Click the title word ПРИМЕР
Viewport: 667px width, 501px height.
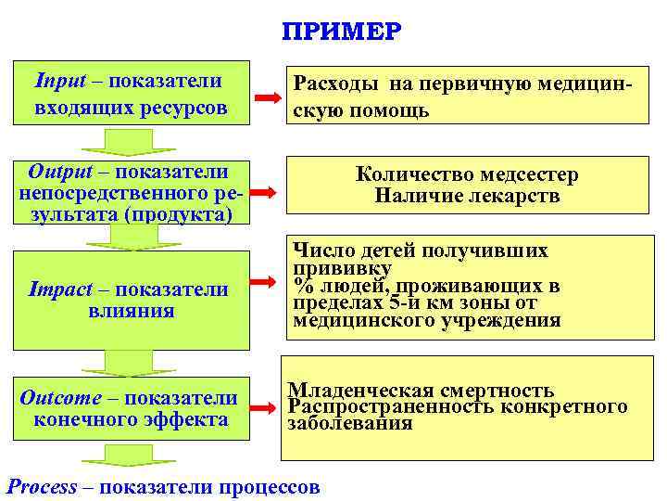(342, 32)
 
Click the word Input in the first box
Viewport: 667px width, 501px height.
(58, 80)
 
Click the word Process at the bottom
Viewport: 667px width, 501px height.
(42, 486)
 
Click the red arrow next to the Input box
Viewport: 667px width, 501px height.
(269, 96)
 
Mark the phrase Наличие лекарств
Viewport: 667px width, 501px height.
(467, 196)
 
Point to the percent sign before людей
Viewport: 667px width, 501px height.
(301, 285)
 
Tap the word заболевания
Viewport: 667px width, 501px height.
(350, 423)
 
